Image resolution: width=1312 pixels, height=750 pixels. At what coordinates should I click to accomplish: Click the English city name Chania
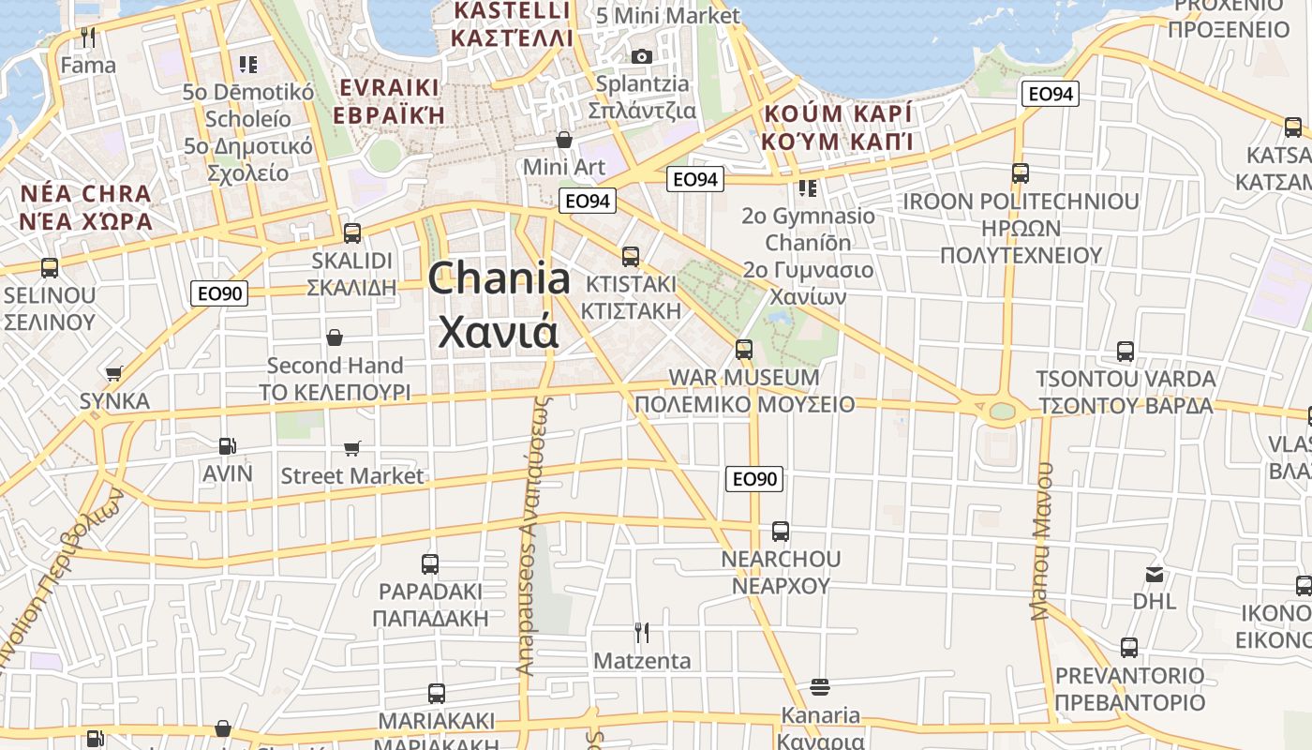point(499,279)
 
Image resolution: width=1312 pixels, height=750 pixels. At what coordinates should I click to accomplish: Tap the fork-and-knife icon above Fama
point(89,37)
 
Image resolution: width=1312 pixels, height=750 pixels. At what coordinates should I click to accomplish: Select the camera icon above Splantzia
point(642,56)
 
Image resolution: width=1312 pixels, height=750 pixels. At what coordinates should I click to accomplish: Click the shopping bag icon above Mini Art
point(564,140)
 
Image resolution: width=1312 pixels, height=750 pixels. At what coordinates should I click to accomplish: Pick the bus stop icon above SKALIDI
point(352,232)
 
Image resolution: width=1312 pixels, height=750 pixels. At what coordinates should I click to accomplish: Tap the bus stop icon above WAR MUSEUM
point(744,349)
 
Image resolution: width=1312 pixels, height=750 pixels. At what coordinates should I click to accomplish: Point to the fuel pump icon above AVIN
point(227,446)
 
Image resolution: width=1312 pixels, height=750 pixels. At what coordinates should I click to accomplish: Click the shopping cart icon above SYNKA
point(114,373)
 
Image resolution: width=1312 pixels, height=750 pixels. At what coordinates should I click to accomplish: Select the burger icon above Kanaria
point(820,687)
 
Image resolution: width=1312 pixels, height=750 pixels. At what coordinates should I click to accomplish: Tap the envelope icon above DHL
point(1155,574)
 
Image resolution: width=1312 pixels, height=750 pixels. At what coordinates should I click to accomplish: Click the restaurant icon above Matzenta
point(642,633)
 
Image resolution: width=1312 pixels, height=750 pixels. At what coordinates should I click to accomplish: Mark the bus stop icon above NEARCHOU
point(781,532)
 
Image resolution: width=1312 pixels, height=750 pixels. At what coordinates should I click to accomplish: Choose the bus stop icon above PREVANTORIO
point(1129,647)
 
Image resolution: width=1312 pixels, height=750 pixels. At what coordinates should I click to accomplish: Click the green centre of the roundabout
point(1002,411)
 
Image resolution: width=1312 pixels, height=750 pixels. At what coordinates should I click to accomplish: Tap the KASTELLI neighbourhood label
point(511,11)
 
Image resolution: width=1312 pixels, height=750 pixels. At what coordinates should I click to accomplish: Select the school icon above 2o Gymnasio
point(808,188)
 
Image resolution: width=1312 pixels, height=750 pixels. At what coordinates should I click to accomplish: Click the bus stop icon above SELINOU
point(50,268)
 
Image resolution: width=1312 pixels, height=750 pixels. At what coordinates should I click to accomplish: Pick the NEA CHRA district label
point(85,195)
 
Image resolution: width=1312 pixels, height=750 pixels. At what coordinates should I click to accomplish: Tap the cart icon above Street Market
point(352,449)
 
